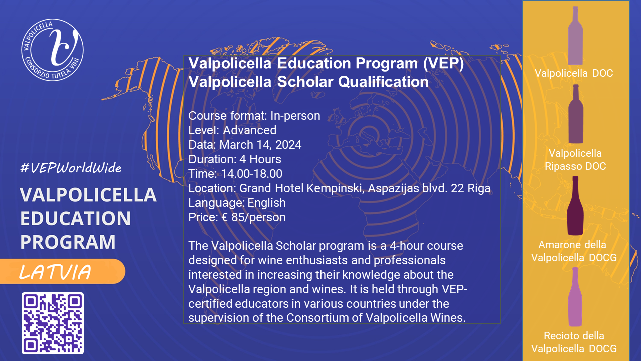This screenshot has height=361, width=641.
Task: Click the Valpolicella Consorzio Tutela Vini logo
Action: click(53, 50)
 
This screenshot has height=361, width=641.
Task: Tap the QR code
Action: click(53, 323)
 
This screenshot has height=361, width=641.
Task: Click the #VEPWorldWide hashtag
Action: click(71, 168)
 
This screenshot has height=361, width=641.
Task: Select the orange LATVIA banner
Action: click(63, 271)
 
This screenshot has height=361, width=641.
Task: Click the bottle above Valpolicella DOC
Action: click(575, 36)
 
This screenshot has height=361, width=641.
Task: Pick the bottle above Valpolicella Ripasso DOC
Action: click(576, 114)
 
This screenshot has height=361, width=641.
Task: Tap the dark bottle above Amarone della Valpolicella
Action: click(575, 206)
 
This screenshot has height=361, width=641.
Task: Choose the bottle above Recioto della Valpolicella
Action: click(575, 297)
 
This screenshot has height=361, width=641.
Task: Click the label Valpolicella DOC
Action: click(574, 73)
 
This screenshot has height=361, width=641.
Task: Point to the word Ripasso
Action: click(563, 166)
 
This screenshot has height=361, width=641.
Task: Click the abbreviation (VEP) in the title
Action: click(444, 63)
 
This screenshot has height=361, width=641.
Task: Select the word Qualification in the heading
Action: click(383, 82)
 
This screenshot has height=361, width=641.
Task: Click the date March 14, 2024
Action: click(260, 145)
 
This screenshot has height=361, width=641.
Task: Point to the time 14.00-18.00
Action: click(252, 174)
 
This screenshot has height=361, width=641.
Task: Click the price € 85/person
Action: click(253, 217)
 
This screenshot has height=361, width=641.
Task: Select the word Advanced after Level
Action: click(250, 130)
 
